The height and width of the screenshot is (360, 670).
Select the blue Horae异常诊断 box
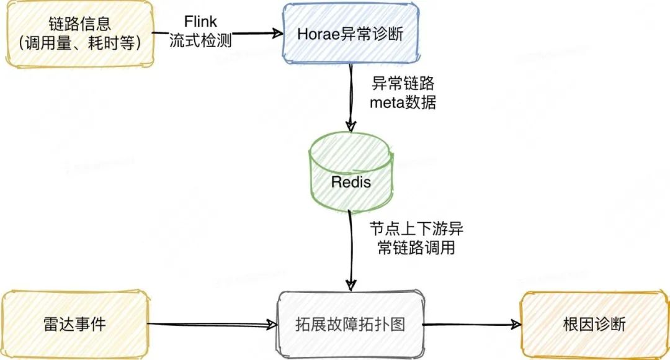coord(350,34)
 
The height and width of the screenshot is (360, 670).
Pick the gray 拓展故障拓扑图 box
coord(351,324)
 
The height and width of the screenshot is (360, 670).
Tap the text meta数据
coord(402,102)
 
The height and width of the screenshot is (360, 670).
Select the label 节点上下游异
coord(416,228)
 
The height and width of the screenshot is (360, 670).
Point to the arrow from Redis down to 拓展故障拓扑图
coord(351,248)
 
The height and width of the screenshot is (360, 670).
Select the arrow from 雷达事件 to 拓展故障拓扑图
coord(211,324)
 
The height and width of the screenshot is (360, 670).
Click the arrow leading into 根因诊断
coord(471,324)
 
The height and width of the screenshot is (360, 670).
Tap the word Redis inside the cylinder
coord(351,182)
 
